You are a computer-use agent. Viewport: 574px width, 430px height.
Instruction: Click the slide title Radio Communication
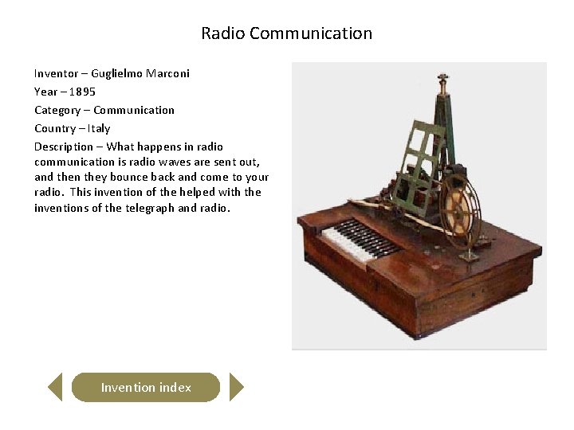point(286,33)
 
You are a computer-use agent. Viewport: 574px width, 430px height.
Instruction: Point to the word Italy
point(100,128)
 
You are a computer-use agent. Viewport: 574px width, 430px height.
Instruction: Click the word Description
point(64,147)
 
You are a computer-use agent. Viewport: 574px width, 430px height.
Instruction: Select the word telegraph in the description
point(150,208)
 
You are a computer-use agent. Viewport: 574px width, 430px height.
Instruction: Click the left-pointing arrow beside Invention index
point(54,388)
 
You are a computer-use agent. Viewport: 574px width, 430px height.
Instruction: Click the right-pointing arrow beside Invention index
point(236,388)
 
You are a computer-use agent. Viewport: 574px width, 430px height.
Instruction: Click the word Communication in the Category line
point(134,110)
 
